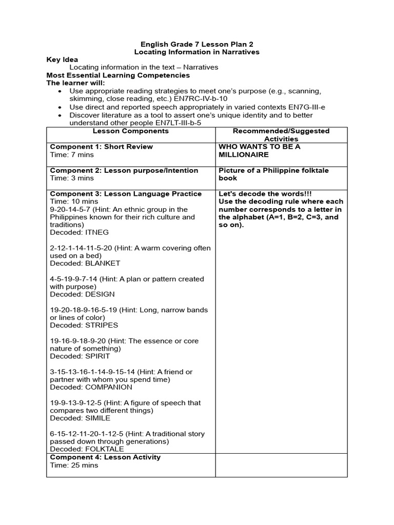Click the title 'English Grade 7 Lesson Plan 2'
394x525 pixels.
coord(196,44)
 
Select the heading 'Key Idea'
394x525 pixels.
coord(62,59)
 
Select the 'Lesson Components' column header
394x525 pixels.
coord(130,131)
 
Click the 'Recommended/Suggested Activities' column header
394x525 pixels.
coord(281,135)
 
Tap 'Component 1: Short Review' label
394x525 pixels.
coord(101,147)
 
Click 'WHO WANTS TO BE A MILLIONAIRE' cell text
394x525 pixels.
coord(259,150)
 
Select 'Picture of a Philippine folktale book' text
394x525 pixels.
coord(273,174)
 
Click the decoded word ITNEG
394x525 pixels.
coord(97,232)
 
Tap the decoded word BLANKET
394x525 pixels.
coord(103,263)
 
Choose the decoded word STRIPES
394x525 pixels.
coord(102,325)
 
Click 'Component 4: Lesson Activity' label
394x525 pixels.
coord(105,457)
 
